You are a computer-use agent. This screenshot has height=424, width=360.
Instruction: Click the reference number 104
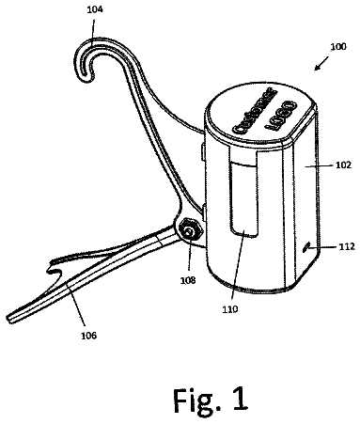pos(94,9)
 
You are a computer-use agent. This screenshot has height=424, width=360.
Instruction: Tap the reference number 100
pos(338,46)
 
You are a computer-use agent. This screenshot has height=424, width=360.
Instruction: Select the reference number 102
pos(343,165)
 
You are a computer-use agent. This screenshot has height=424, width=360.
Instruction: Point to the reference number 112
pos(347,247)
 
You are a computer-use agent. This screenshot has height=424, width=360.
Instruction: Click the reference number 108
pos(188,280)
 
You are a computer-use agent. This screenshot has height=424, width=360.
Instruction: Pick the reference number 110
pos(230,309)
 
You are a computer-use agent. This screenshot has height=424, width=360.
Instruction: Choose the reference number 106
pos(89,336)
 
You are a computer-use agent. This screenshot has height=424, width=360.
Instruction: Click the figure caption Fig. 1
pos(211,400)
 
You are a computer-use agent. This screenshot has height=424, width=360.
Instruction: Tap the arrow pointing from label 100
pos(321,64)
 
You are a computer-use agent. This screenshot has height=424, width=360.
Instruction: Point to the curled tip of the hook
pos(86,74)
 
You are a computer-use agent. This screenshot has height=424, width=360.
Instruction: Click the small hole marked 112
pos(305,248)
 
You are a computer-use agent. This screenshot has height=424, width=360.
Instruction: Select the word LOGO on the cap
pos(281,116)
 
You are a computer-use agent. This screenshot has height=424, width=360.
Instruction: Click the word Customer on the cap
pos(255,110)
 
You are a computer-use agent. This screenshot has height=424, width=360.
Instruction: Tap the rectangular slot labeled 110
pos(243,196)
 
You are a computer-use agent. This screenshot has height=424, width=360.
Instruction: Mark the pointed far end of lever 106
pos(8,319)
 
